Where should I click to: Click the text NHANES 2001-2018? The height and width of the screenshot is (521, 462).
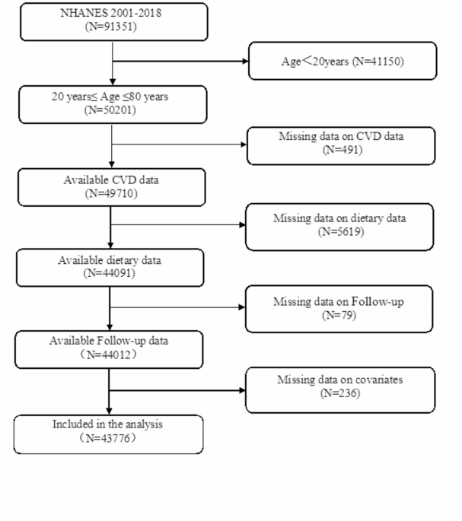[111, 13]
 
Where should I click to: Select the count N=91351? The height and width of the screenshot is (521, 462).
[111, 27]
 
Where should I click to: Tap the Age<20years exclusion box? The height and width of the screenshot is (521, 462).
[343, 61]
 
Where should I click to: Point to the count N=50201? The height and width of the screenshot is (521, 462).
[110, 110]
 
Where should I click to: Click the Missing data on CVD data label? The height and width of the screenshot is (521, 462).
[341, 136]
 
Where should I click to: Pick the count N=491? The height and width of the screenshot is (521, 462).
[343, 150]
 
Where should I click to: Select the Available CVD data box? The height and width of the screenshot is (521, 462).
[112, 187]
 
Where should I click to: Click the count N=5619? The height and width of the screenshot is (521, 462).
[341, 231]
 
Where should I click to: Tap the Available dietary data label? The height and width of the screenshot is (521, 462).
[110, 260]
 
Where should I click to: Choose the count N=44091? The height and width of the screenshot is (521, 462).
[109, 273]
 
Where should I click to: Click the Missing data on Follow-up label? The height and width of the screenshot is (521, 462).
[339, 302]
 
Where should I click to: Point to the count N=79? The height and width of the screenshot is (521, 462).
[339, 315]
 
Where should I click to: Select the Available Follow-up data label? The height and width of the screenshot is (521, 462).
[109, 341]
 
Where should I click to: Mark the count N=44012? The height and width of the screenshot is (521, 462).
[109, 354]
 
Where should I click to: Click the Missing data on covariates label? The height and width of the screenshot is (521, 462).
[340, 380]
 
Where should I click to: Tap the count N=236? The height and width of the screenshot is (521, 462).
[340, 393]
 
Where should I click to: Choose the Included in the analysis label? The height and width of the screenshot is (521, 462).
[107, 424]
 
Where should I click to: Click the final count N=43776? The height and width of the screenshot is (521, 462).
[108, 438]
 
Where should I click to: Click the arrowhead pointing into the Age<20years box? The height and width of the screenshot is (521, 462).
[246, 61]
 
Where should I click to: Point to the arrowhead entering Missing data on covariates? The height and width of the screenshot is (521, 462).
[243, 390]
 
